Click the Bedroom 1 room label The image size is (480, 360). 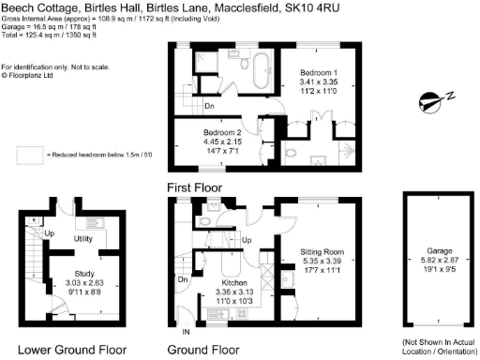[319, 72]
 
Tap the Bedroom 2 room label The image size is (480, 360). [223, 134]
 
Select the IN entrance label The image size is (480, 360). [185, 332]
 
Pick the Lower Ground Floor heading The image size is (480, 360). [72, 349]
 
